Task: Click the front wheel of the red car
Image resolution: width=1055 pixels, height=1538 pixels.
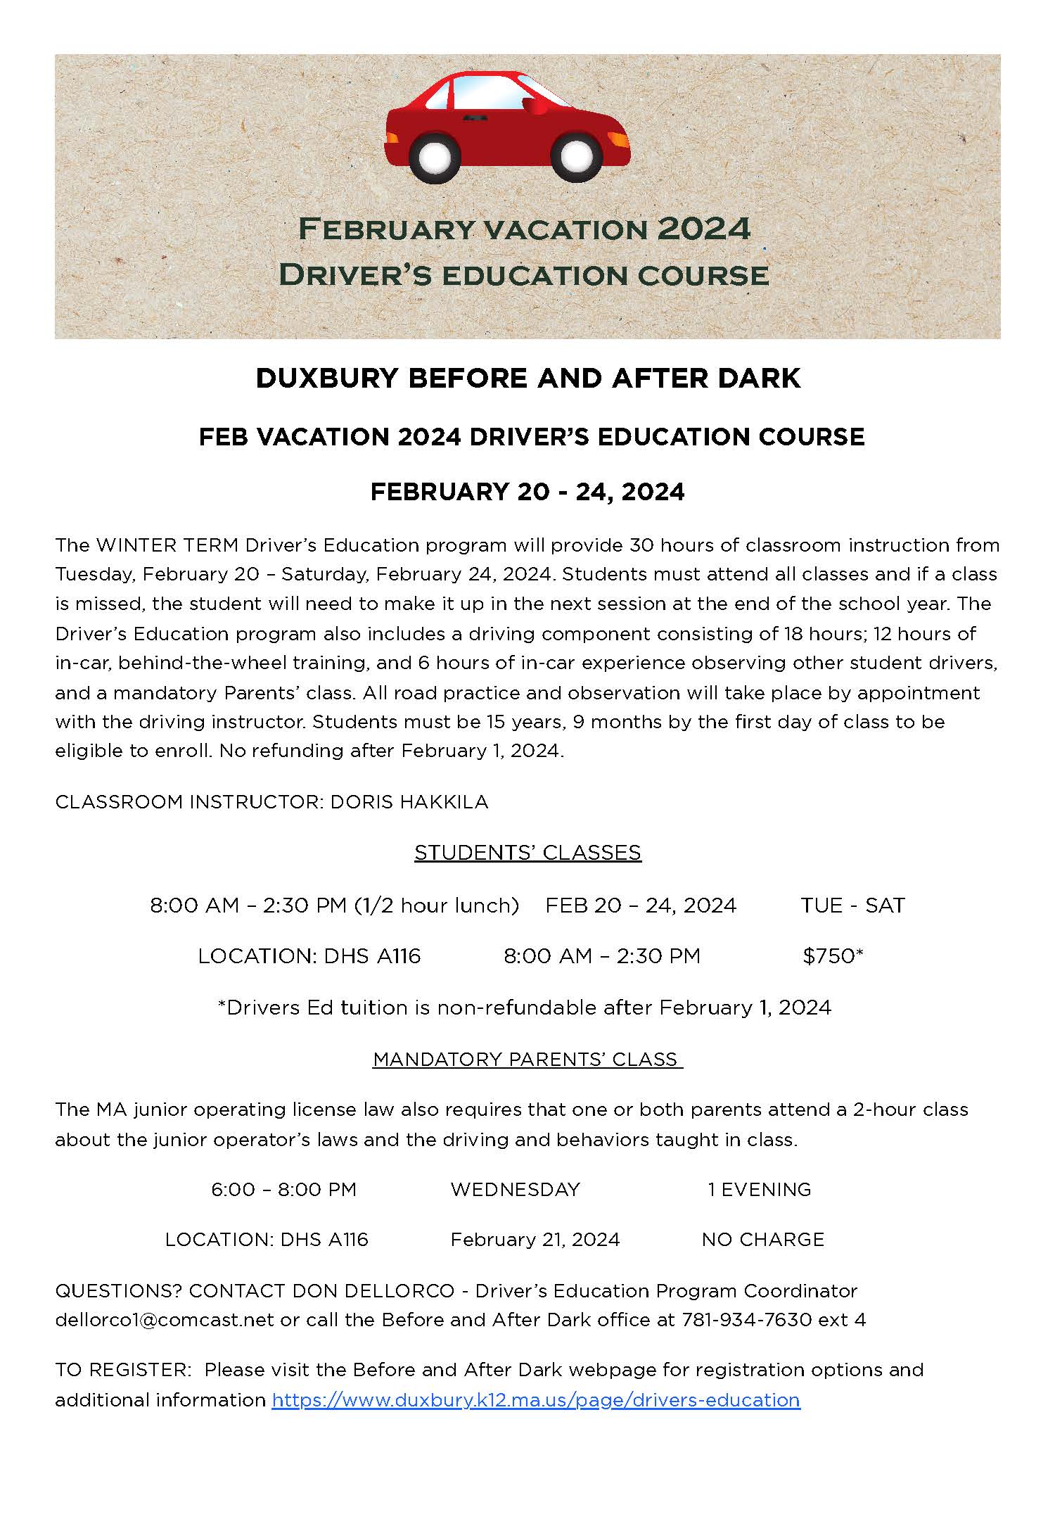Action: (x=576, y=155)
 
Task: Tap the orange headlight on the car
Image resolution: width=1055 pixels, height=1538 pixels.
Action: (x=620, y=139)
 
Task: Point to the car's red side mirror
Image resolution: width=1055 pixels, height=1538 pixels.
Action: (x=539, y=108)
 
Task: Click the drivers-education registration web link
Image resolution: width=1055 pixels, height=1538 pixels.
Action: (x=536, y=1399)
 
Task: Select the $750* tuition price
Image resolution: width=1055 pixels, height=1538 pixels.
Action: (x=833, y=955)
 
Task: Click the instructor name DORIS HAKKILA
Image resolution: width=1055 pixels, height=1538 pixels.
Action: (x=409, y=801)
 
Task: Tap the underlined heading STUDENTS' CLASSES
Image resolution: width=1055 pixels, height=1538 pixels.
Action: (x=527, y=852)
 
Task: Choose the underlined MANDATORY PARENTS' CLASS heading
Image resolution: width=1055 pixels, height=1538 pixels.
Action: (x=527, y=1059)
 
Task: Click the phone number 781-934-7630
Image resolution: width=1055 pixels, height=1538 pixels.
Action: (x=746, y=1319)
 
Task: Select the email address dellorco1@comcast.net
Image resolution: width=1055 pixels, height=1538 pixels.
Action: (x=165, y=1319)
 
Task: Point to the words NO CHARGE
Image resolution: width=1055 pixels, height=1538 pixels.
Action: (x=762, y=1239)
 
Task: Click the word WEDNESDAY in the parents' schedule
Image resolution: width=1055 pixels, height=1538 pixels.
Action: (x=516, y=1189)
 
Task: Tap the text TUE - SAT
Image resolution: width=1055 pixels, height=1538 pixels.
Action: (x=852, y=905)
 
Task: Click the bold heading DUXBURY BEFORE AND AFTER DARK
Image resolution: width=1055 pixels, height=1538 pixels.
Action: (x=527, y=379)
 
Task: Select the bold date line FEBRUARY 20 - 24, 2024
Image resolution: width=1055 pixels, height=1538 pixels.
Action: (x=527, y=491)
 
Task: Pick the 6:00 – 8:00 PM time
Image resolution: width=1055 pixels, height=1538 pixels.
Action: (x=284, y=1189)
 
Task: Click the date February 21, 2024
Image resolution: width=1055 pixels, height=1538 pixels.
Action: (x=535, y=1239)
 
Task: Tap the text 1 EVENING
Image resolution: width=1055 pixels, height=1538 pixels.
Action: (x=760, y=1189)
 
